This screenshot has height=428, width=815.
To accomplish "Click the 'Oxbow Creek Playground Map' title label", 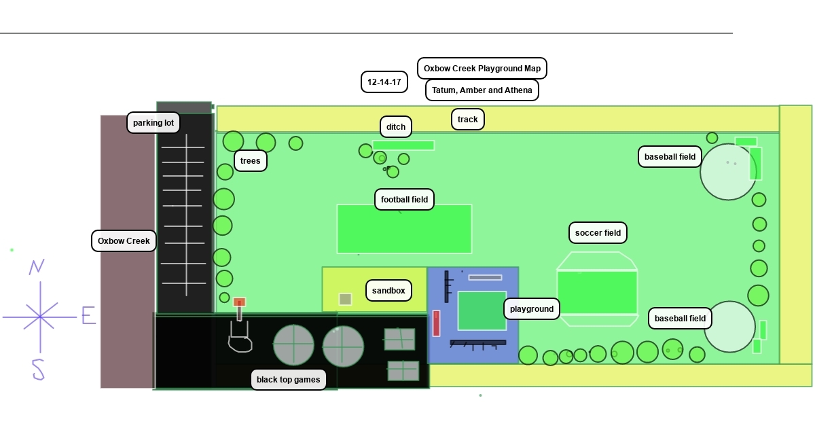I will coord(482,69).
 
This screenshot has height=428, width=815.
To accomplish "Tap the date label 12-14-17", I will coord(384,82).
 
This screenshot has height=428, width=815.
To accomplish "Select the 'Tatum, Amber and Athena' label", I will coord(482,90).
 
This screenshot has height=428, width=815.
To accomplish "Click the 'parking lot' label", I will coord(153,123).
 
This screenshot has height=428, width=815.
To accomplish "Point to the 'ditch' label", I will coord(396,127).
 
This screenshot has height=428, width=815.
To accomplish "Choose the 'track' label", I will coord(468,120).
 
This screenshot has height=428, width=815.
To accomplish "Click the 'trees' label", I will coord(251,161).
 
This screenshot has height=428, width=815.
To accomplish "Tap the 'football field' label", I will coord(404,200).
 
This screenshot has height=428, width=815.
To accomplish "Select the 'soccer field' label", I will coord(598,233).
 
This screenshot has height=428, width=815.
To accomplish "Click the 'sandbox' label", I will coord(388,291).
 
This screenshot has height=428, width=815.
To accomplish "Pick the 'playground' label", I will coord(532,309).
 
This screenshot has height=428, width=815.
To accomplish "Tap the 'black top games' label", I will coord(288,380).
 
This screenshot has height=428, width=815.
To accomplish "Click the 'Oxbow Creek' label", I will coord(124,241).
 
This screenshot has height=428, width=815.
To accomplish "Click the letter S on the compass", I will coord(38,370).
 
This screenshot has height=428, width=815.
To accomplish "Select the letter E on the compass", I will coord(88,315).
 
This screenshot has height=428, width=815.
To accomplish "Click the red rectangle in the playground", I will coord(436,323).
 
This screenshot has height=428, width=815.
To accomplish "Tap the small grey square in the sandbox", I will coord(345,299).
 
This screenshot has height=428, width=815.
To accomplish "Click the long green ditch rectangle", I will coord(403,145).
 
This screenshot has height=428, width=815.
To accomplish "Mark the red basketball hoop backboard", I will coord(239,302).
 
